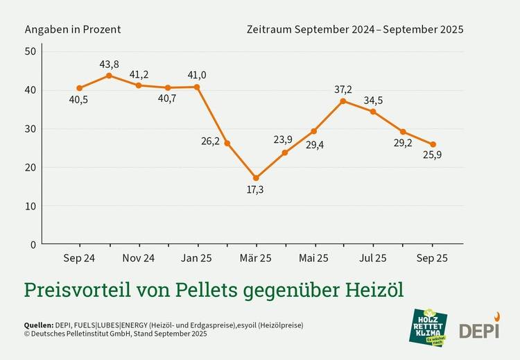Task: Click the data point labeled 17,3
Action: (x=256, y=178)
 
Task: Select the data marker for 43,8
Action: (x=109, y=75)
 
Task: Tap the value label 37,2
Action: (x=343, y=89)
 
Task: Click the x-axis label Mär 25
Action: (x=256, y=258)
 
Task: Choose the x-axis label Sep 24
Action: (x=79, y=258)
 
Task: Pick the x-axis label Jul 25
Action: (x=373, y=258)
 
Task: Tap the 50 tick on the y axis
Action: (x=31, y=52)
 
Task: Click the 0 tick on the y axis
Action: (x=33, y=244)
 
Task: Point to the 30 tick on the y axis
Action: (x=31, y=129)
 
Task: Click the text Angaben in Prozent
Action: (x=73, y=29)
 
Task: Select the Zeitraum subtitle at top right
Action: (x=354, y=29)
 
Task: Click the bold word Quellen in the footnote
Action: (x=38, y=325)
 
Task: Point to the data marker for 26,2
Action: (x=227, y=143)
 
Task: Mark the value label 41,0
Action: (x=197, y=75)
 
